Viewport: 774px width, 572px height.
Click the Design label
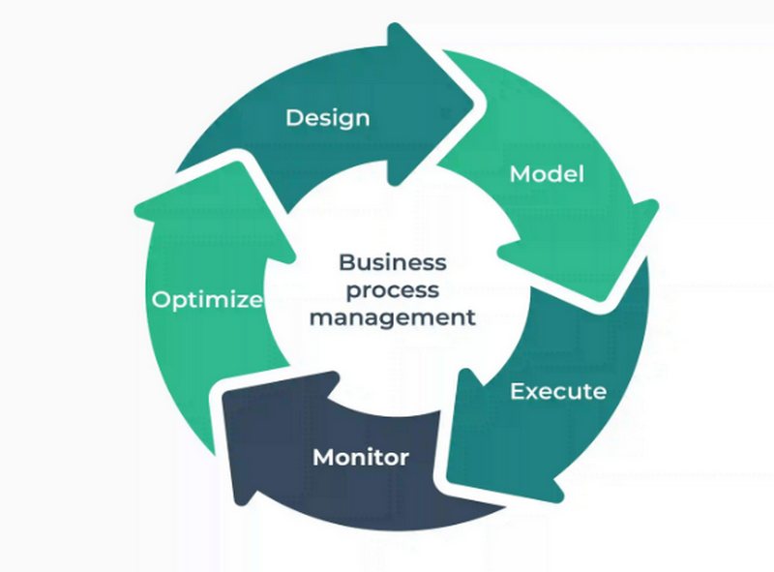327,118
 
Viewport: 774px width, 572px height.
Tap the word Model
547,174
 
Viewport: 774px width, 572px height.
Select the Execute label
558,392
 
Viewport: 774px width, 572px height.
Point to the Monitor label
361,456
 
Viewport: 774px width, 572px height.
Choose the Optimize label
207,299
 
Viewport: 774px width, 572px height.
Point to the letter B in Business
345,262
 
